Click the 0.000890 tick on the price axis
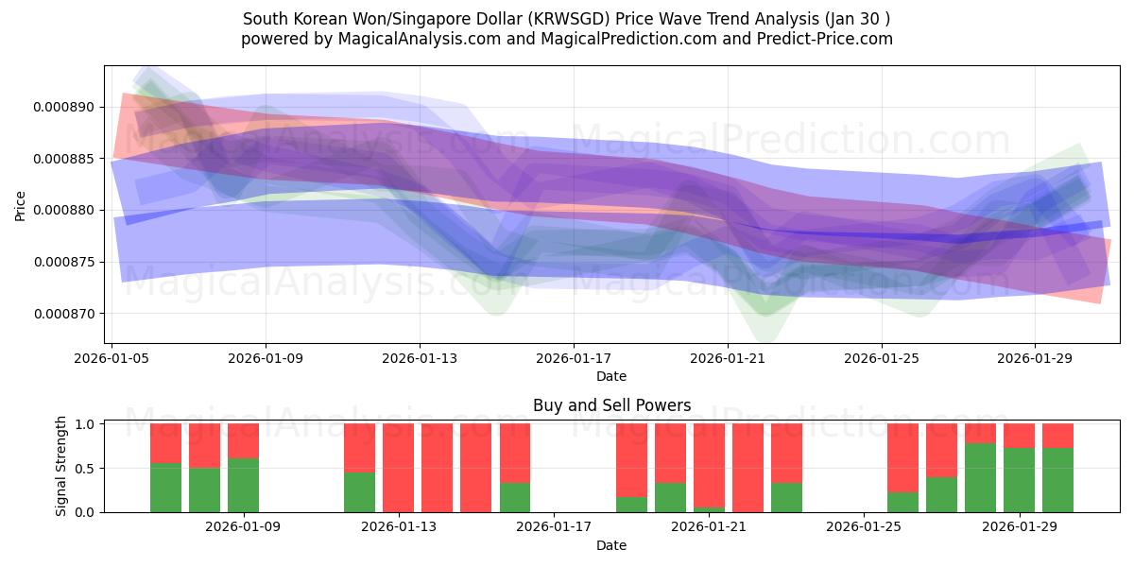click(x=63, y=107)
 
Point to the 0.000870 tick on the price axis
click(x=63, y=314)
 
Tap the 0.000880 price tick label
click(x=63, y=210)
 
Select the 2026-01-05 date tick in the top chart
click(x=112, y=359)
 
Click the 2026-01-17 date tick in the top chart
click(x=574, y=359)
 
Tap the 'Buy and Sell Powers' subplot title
click(x=611, y=405)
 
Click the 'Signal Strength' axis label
click(x=62, y=466)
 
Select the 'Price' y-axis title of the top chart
click(x=21, y=206)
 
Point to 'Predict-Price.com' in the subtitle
click(x=818, y=39)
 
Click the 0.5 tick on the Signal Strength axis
click(x=84, y=468)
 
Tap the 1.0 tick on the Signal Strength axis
click(x=84, y=424)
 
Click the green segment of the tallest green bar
click(x=980, y=478)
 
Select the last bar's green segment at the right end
click(x=1057, y=480)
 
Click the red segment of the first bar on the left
click(x=165, y=442)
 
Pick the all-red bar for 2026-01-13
click(x=398, y=468)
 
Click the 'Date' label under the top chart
click(x=611, y=376)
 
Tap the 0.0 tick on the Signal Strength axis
click(x=84, y=512)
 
